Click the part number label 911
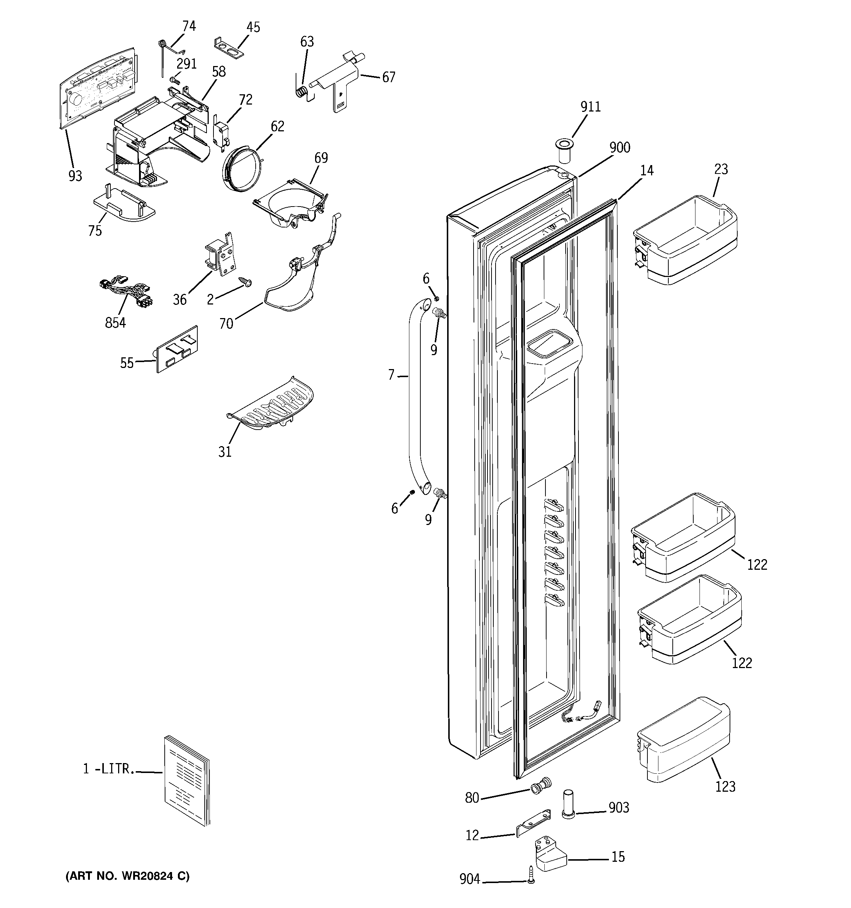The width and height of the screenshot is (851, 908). pyautogui.click(x=590, y=106)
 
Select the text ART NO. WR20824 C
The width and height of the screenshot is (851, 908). pyautogui.click(x=127, y=876)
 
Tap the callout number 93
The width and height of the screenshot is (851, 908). pyautogui.click(x=75, y=175)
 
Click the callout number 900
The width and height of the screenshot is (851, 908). pyautogui.click(x=620, y=147)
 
